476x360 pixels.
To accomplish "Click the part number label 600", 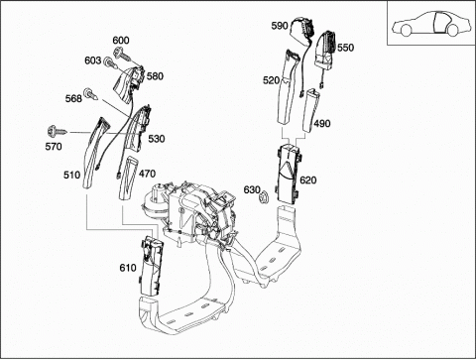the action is [121, 41].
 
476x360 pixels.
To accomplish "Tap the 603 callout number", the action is [93, 60].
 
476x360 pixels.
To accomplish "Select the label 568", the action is [73, 98].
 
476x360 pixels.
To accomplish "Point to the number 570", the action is [54, 146].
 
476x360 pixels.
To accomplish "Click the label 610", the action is [128, 268].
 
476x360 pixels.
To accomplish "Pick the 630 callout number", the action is [252, 190].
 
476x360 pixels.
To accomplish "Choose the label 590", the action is [280, 26].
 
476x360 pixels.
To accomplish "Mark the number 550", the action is [345, 48].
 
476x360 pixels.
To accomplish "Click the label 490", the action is [322, 124].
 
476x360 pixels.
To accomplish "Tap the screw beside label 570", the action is [57, 131].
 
